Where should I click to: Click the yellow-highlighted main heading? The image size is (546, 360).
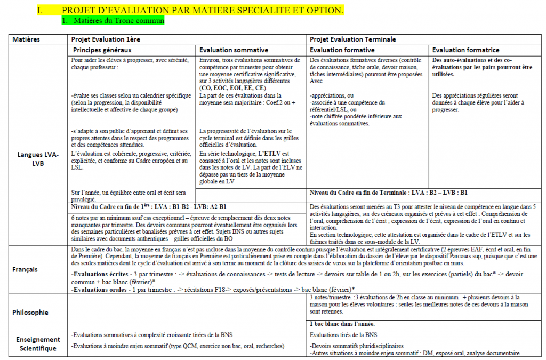[x=203, y=11]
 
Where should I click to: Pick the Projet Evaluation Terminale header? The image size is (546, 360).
[x=353, y=39]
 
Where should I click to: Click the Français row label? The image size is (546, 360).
[x=25, y=269]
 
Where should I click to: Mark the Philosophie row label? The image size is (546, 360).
[x=31, y=312]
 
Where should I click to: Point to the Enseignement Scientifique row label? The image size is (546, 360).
[x=35, y=344]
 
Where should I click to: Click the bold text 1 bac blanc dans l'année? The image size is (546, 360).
[x=342, y=324]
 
